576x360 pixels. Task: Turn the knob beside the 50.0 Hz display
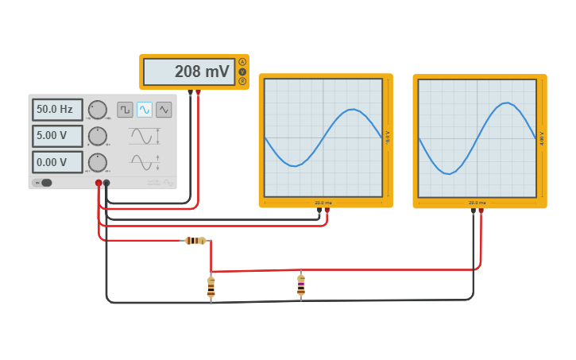[x=97, y=110]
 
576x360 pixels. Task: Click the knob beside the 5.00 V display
[x=97, y=136]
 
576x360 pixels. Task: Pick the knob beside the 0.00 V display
[x=97, y=162]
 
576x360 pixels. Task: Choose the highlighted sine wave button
[x=145, y=110]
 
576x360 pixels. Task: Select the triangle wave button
[x=164, y=110]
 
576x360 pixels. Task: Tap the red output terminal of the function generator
[x=99, y=183]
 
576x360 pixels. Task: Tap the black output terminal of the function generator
[x=106, y=183]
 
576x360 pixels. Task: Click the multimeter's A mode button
[x=242, y=62]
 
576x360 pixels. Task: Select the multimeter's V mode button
[x=242, y=72]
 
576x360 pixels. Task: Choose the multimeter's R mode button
[x=242, y=81]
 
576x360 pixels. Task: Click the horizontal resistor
[x=195, y=241]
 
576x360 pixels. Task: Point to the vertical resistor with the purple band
[x=301, y=285]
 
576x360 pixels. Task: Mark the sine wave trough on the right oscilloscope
[x=447, y=173]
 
